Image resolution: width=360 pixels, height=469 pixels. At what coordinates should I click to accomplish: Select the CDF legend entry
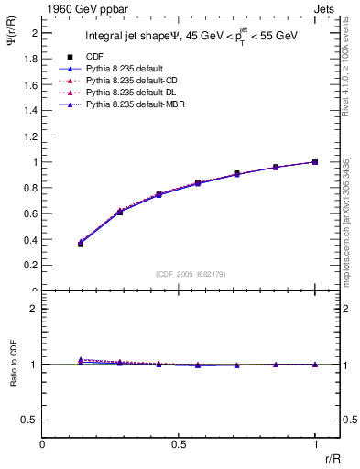coord(93,57)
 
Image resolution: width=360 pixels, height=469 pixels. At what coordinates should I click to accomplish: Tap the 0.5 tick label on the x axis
coord(179,444)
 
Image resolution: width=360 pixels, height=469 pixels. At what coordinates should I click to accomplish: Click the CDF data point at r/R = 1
coord(315,162)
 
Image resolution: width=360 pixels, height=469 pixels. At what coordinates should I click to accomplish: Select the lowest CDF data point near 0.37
coord(81,244)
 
